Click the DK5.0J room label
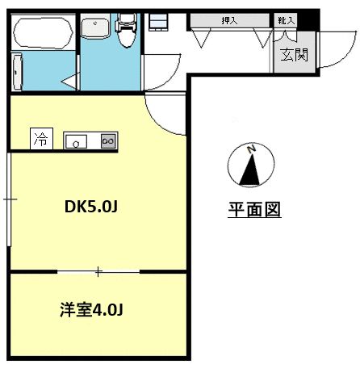92,207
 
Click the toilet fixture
125,32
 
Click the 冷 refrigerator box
40,140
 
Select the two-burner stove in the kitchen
108,140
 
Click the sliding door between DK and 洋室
98,271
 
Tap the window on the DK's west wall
7,198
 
